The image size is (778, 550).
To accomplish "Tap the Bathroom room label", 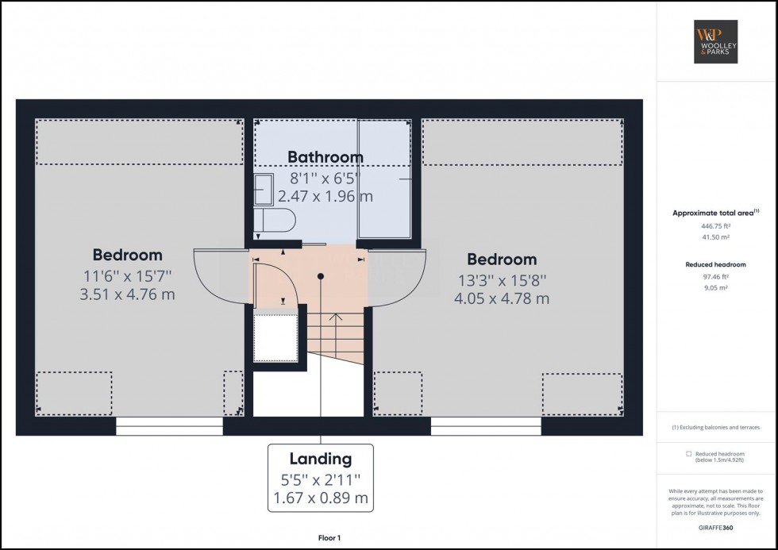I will pos(325,157).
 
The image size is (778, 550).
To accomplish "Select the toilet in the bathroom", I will pos(274,219).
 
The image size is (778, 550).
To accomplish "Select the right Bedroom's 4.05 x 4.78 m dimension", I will pos(502,298).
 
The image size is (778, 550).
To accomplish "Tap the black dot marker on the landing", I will pos(321,276).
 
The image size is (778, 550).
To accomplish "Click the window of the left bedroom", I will pos(169,426).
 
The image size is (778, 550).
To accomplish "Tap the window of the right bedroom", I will pos(486,426).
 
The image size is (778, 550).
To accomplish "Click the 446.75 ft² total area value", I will pos(715,225).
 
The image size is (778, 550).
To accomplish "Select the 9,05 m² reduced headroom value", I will pos(715,288).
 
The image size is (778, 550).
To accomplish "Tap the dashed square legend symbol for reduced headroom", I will pos(688,454).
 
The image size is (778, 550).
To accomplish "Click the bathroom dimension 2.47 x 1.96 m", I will pos(325,196).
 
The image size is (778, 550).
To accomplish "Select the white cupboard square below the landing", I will pos(275,338).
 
